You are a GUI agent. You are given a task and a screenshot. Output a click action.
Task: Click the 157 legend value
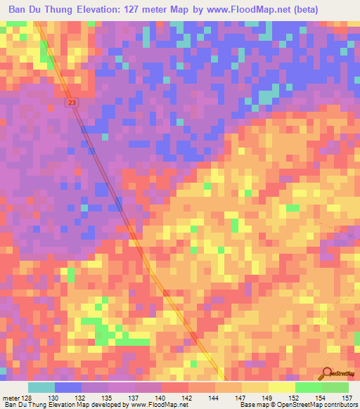coord(347,397)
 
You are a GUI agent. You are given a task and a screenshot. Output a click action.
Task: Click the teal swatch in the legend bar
coord(41,387)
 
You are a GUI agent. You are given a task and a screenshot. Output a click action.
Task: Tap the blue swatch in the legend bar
coord(68,387)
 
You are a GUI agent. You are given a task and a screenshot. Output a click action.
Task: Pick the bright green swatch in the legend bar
coord(309,387)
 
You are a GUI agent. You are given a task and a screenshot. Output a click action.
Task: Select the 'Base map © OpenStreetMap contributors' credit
coord(298,405)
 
